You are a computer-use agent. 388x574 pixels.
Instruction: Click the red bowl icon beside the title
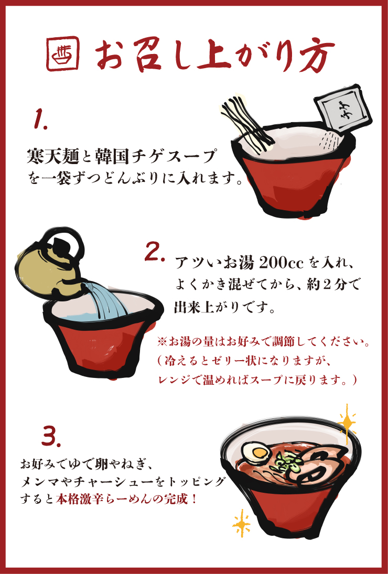(x=63, y=53)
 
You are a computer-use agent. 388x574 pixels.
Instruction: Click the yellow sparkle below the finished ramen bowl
(x=242, y=522)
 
